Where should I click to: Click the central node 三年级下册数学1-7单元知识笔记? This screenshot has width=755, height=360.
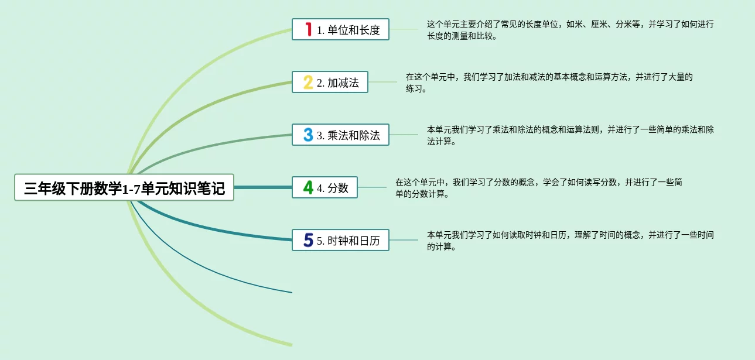pos(124,188)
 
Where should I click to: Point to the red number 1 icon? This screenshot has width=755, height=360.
pos(308,29)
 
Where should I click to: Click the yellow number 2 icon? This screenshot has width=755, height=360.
pos(308,82)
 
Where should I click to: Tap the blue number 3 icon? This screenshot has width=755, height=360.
pos(308,135)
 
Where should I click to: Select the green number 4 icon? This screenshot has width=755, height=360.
pos(308,187)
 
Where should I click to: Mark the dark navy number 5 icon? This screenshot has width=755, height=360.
pos(308,240)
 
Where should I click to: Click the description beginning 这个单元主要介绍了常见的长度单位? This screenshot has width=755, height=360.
pos(570,30)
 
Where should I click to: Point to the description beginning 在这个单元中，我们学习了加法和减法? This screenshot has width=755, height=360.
pos(549,83)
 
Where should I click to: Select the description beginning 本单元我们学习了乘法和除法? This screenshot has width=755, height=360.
pos(570,135)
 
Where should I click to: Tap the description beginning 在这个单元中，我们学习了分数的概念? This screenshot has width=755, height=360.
pos(538,188)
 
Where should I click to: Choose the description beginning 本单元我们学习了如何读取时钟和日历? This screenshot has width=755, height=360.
pos(570,241)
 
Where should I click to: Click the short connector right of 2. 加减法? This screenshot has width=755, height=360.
pos(382,82)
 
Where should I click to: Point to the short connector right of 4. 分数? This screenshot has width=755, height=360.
pos(372,187)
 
